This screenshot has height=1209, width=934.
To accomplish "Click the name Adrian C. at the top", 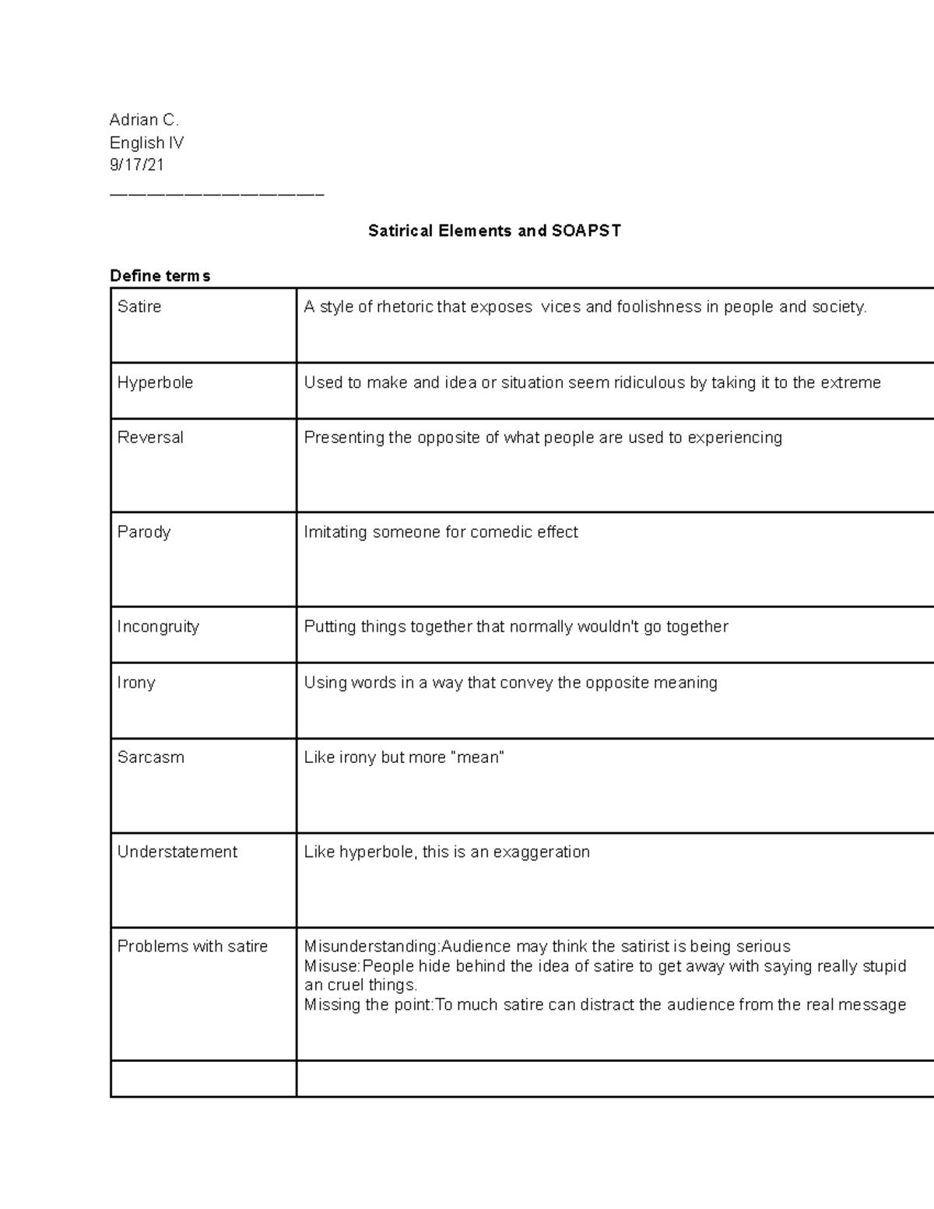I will tap(144, 120).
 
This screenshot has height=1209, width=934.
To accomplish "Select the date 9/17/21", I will tap(137, 165).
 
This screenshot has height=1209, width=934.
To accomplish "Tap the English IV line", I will tap(146, 142).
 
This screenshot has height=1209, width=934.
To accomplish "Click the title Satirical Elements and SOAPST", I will tap(494, 231).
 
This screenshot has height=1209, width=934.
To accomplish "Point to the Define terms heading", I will tap(160, 276).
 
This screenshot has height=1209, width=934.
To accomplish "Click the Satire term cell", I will tap(139, 307).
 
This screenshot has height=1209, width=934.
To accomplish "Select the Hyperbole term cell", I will tap(155, 383).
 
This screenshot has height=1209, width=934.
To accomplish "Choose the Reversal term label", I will tap(150, 438).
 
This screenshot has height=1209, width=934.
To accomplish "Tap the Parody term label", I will tap(144, 532).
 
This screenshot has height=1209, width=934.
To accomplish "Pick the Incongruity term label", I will tap(158, 627).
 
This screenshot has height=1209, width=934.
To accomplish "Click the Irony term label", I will tap(136, 683).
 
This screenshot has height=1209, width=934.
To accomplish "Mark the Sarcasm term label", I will tap(150, 757).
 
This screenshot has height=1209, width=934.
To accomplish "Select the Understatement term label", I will tap(177, 852).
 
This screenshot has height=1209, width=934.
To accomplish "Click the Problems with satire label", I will tap(192, 947).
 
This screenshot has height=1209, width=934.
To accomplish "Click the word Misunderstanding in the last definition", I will tap(370, 947).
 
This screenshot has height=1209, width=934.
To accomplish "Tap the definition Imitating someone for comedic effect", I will tap(441, 532).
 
